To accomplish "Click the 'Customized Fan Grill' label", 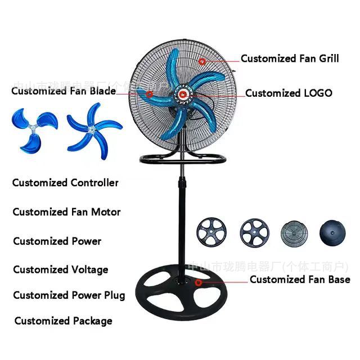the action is click(290, 58).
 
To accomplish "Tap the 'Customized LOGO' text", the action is click(289, 93).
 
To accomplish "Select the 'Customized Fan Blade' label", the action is click(64, 91).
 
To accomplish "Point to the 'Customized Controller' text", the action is click(65, 183).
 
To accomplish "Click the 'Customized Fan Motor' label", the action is click(66, 212).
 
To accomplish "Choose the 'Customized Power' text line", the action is click(57, 241).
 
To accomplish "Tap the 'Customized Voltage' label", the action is click(60, 269).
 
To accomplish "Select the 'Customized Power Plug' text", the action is click(69, 295).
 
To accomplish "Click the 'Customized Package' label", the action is click(63, 321).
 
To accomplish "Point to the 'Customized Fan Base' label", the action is click(300, 279).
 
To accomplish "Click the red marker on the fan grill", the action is click(202, 60).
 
